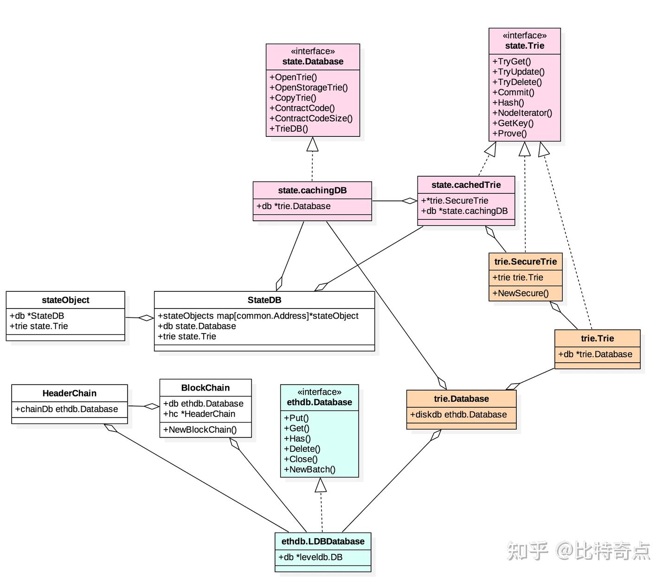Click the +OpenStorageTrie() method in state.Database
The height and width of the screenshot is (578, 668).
(x=308, y=88)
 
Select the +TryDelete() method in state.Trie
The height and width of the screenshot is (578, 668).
(x=517, y=82)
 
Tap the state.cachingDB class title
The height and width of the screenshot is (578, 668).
(x=312, y=190)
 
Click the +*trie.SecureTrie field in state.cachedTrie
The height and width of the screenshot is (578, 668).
(x=455, y=200)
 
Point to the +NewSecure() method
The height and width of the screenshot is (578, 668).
(x=520, y=293)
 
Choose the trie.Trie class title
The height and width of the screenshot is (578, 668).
(x=597, y=338)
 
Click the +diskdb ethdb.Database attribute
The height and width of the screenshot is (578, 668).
(x=458, y=414)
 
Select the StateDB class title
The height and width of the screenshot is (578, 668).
(x=264, y=300)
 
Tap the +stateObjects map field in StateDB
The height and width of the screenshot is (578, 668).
(x=258, y=316)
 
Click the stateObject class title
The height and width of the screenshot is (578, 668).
(x=65, y=300)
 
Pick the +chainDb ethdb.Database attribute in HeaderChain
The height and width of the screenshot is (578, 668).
(x=66, y=409)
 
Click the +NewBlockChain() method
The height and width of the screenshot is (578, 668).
(x=199, y=430)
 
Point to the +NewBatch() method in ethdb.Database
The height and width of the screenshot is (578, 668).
(x=309, y=469)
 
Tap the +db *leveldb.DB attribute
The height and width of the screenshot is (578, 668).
(x=310, y=557)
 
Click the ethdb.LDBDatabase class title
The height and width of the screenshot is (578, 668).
(x=323, y=541)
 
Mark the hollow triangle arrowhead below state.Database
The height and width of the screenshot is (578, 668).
(x=313, y=144)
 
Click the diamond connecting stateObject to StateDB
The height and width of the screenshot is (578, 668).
(x=147, y=318)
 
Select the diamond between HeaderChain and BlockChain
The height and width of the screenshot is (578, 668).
(x=152, y=406)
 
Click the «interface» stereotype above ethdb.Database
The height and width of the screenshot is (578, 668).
(x=319, y=392)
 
